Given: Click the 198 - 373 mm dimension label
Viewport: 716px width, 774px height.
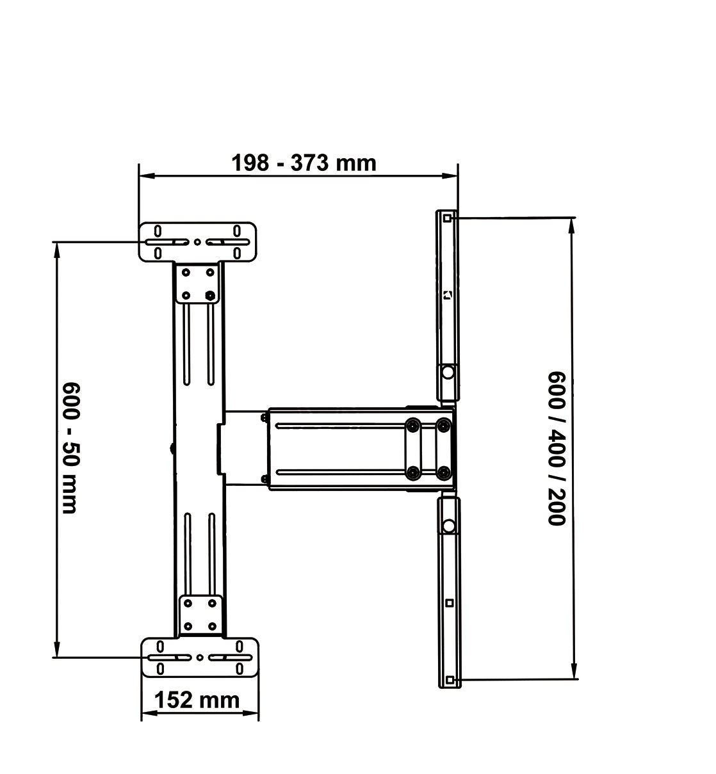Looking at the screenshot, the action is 304,163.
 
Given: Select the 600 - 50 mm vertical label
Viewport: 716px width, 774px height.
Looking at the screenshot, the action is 71,447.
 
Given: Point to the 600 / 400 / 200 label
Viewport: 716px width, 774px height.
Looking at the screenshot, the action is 557,449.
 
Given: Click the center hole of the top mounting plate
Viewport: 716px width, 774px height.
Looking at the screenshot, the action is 197,242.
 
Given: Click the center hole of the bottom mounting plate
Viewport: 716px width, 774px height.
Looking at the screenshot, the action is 200,657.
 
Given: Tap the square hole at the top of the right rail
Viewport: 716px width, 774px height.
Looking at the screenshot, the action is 447,218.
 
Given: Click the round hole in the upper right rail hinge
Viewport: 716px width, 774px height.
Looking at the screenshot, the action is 448,373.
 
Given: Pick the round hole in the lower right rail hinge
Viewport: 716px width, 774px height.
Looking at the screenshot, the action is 449,526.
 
